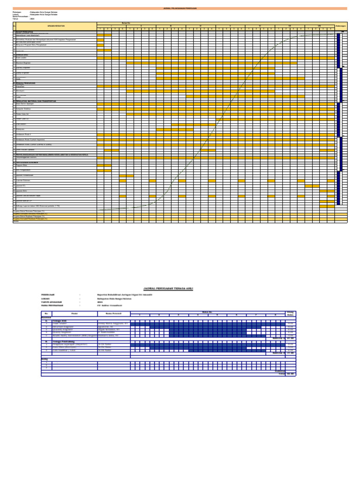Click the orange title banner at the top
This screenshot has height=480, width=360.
click(x=180, y=8)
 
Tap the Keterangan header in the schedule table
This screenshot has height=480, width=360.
click(x=341, y=25)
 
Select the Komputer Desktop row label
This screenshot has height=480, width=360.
click(x=24, y=109)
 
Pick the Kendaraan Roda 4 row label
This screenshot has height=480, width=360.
click(x=24, y=135)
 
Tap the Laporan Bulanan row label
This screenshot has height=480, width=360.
click(x=23, y=180)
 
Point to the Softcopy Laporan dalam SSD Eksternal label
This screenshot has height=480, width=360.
click(x=37, y=206)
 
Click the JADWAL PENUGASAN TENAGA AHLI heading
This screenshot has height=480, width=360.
click(x=167, y=289)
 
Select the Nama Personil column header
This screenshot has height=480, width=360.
click(x=113, y=313)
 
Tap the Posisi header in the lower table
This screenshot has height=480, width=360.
click(x=74, y=313)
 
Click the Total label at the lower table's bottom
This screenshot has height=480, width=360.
click(x=282, y=374)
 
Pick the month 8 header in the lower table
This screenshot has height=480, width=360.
click(x=276, y=315)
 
